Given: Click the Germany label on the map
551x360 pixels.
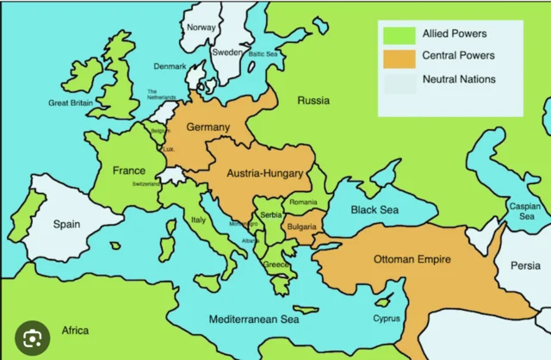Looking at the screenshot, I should pyautogui.click(x=208, y=127).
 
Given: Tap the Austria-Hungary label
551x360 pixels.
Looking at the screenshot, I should pyautogui.click(x=264, y=174).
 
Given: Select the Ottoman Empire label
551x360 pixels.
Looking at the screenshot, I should pyautogui.click(x=412, y=258).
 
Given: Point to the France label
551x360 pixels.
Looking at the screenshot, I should pyautogui.click(x=128, y=171).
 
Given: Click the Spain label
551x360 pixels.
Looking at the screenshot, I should pyautogui.click(x=66, y=224).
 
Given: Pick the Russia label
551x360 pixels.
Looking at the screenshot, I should pyautogui.click(x=313, y=101).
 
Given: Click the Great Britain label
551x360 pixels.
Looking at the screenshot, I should pyautogui.click(x=71, y=103).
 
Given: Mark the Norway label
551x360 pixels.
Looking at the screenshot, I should pyautogui.click(x=201, y=28).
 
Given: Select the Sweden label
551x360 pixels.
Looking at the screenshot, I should pyautogui.click(x=226, y=52).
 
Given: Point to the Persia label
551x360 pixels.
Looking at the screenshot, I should pyautogui.click(x=524, y=266).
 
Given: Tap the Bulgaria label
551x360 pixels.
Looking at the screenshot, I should pyautogui.click(x=302, y=227).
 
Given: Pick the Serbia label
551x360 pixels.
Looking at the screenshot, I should pyautogui.click(x=271, y=214).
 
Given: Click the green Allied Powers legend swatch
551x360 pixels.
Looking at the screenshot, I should pyautogui.click(x=397, y=35).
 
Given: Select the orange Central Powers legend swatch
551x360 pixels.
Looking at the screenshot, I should pyautogui.click(x=397, y=58).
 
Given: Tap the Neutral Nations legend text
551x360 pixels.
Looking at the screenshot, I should pyautogui.click(x=459, y=80).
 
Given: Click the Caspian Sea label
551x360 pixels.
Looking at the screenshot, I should pyautogui.click(x=524, y=212).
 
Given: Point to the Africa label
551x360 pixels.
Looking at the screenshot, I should pyautogui.click(x=75, y=331).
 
